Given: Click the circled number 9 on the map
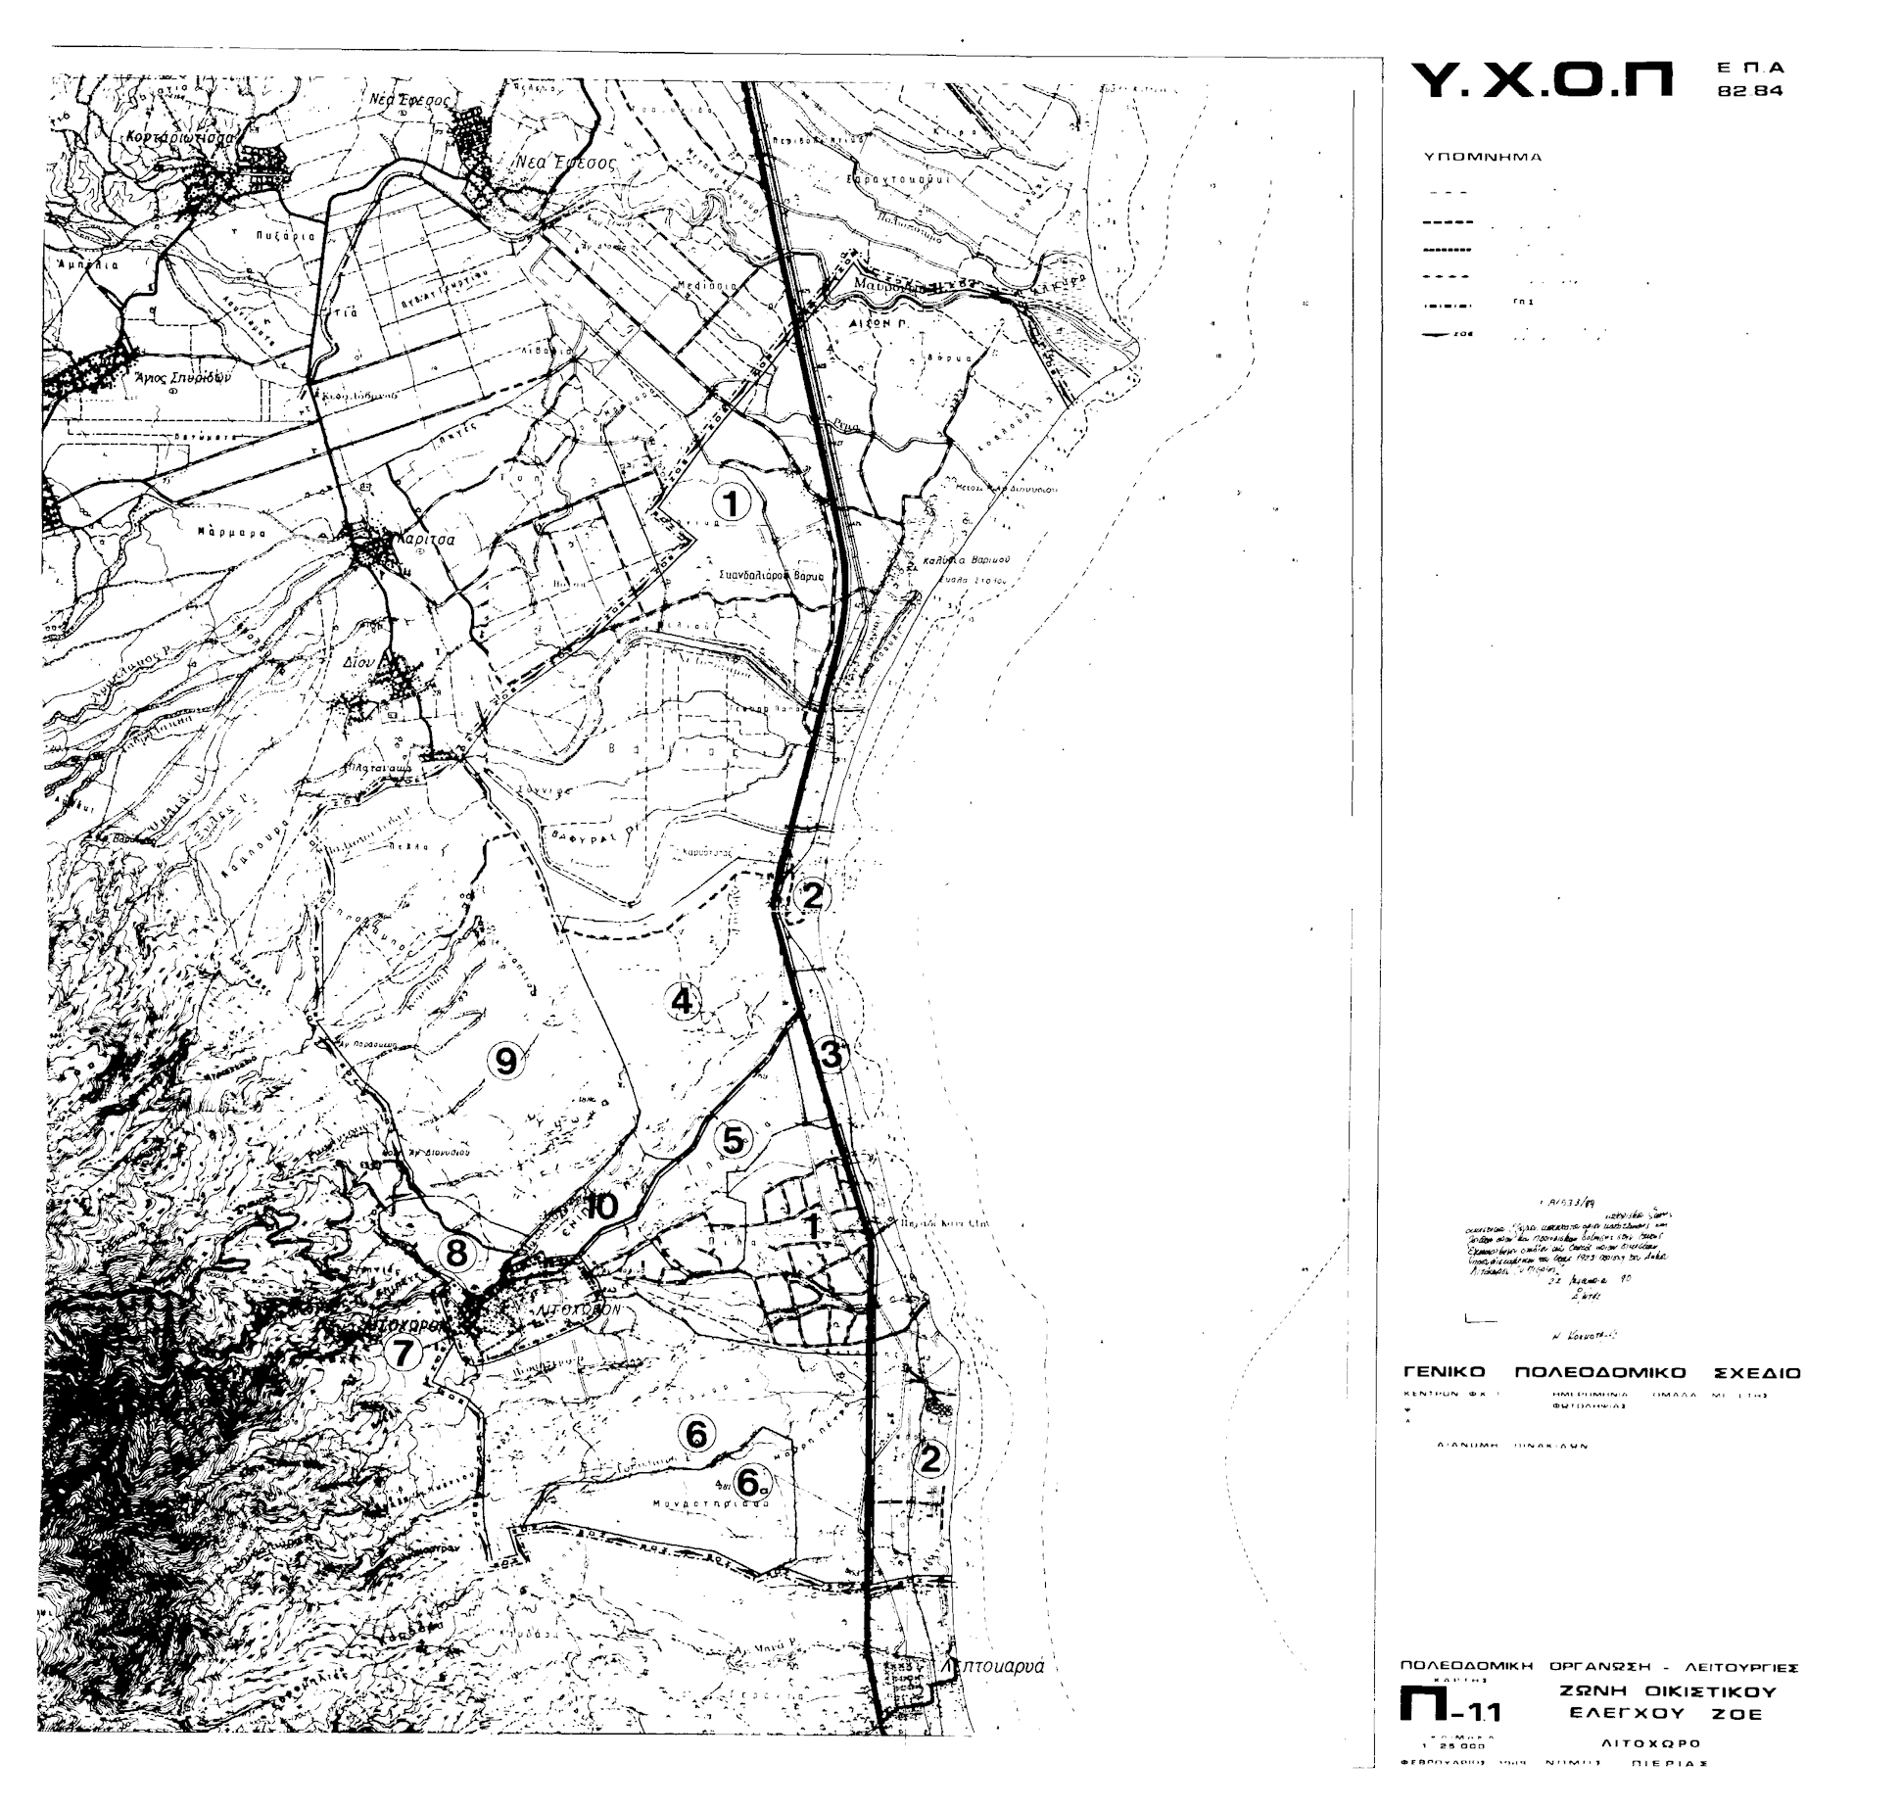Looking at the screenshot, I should tap(505, 1061).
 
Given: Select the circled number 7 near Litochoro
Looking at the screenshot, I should tap(402, 1353).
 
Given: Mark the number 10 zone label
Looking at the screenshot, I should tap(601, 1207).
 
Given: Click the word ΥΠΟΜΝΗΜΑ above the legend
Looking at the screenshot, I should tap(1482, 157).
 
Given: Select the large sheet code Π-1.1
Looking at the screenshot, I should tap(1449, 1711).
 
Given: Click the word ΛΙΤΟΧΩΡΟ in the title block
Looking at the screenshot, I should tap(1650, 1743).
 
